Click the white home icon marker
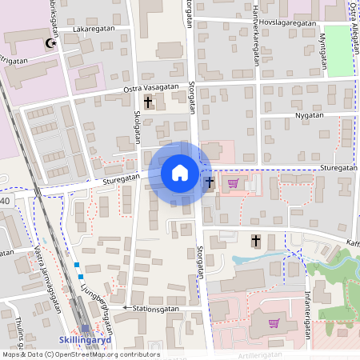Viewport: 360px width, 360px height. point(179,173)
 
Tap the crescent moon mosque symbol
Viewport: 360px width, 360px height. point(53,43)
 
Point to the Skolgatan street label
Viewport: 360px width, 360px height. point(137,126)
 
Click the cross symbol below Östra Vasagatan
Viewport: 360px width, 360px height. point(148,102)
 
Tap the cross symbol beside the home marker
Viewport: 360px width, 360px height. point(210,182)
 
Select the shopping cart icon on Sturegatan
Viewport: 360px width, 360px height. point(233,183)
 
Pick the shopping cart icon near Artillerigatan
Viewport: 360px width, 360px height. point(274,323)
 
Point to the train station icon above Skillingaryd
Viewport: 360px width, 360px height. point(86,328)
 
